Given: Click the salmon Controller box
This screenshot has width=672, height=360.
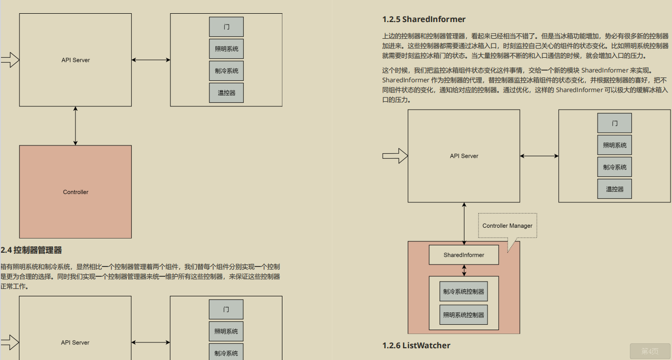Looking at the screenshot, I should [x=75, y=192].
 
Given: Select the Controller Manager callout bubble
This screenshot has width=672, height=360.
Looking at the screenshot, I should [x=507, y=226].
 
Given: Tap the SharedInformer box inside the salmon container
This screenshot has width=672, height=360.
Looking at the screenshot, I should [x=463, y=255].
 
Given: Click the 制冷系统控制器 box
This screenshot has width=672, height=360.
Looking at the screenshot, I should [x=463, y=291].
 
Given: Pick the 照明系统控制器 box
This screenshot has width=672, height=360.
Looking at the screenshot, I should [x=463, y=314].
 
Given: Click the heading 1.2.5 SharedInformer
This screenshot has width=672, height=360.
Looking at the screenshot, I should [x=424, y=19].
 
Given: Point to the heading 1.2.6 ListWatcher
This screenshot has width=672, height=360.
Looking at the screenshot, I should [x=416, y=345].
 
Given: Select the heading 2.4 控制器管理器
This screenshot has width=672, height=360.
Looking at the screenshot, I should [x=31, y=250].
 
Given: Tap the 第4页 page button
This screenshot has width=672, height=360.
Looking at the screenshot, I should [x=649, y=351].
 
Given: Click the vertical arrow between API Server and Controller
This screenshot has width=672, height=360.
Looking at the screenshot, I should [x=75, y=126].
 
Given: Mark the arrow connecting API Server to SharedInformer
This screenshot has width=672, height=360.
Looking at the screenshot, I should [x=464, y=223].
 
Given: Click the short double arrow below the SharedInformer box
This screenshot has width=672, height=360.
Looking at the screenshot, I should [x=464, y=270].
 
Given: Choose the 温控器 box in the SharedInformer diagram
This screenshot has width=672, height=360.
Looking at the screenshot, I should [x=614, y=189].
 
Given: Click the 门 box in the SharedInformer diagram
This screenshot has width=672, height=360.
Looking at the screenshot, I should [x=614, y=123].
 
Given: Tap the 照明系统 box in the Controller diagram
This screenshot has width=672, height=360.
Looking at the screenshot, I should [x=226, y=49].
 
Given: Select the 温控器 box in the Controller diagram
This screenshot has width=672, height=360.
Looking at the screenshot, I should [x=226, y=93].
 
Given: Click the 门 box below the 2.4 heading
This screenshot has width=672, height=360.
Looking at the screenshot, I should [x=226, y=309].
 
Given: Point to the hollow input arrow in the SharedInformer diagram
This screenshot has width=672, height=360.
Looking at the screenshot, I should [x=394, y=156].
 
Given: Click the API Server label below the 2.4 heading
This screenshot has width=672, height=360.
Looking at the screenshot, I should [x=75, y=342].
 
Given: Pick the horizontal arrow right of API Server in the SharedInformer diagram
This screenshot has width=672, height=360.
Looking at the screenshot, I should [x=539, y=156].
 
